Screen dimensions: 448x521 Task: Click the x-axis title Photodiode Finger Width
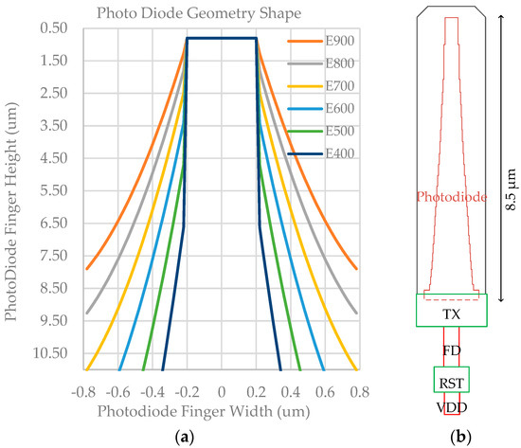click(x=221, y=409)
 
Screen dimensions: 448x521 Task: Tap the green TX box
click(x=451, y=311)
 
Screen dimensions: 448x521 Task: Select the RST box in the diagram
click(x=451, y=382)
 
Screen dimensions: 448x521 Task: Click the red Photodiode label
click(x=451, y=198)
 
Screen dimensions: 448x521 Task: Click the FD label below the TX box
click(x=451, y=349)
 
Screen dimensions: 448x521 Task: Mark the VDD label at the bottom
click(x=451, y=407)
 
